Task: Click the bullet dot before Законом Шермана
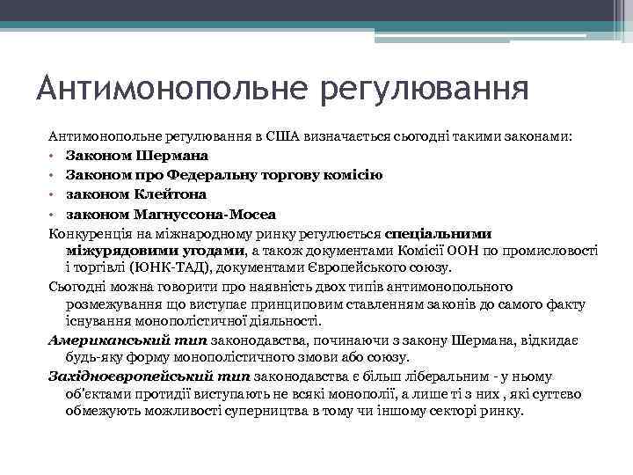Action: click(53, 157)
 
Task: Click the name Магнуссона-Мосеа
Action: click(205, 214)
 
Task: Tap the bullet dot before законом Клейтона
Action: click(53, 195)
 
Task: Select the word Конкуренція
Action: click(88, 234)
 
